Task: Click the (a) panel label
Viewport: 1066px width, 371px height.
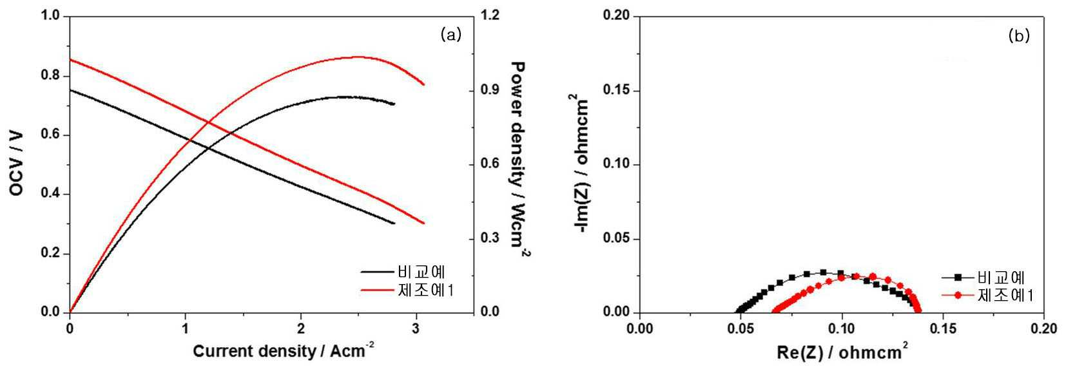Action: (x=451, y=34)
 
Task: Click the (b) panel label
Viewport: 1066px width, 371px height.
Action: (x=1020, y=35)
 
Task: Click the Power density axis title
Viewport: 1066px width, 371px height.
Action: (x=519, y=159)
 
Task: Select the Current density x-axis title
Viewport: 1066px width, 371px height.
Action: (x=283, y=350)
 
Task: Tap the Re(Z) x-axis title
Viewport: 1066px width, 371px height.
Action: (x=842, y=352)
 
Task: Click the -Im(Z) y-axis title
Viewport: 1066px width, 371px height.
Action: (x=579, y=164)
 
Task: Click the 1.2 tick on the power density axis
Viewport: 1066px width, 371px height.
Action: (x=490, y=15)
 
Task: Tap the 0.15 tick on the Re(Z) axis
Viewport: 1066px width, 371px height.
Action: (x=943, y=329)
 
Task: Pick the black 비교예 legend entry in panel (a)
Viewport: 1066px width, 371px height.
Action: (x=403, y=272)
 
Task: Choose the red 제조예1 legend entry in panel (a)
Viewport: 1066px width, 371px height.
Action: (x=407, y=290)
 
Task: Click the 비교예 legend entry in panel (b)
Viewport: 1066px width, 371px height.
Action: (x=984, y=278)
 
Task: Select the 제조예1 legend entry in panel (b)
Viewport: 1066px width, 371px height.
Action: (x=988, y=296)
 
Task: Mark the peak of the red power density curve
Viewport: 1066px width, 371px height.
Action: (x=358, y=57)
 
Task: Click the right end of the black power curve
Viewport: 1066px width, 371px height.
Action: (x=394, y=104)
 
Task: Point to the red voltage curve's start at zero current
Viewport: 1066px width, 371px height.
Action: (x=70, y=59)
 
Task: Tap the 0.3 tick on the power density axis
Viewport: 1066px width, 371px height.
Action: (x=490, y=238)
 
